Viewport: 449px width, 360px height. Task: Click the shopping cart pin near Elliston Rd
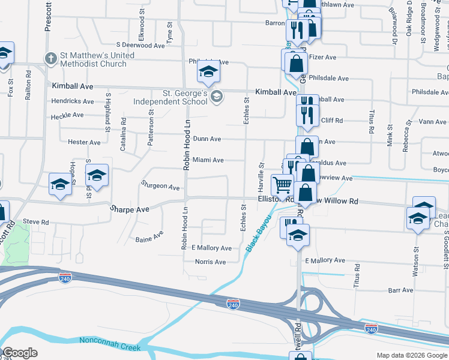click(282, 185)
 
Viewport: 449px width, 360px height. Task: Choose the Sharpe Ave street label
click(129, 209)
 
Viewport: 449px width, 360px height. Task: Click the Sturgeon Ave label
click(160, 187)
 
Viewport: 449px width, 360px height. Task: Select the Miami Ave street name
click(208, 160)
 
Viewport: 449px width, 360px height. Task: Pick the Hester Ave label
click(84, 142)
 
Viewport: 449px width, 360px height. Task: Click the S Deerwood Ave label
click(140, 45)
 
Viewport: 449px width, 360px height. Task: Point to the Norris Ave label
click(210, 262)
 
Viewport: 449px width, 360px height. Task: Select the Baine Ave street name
click(149, 237)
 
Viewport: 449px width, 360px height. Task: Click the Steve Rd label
click(35, 222)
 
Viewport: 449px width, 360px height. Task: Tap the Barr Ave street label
click(401, 290)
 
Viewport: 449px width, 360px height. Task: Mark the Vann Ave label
click(432, 122)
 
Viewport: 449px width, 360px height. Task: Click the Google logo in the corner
click(20, 353)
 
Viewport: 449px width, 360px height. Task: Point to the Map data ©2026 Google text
click(411, 355)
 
